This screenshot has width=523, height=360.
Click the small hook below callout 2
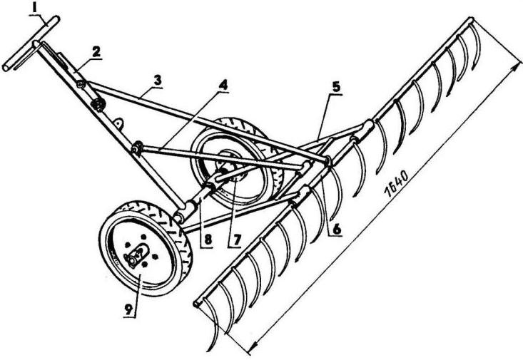coord(119,122)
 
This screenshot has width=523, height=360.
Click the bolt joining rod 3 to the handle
coord(83,84)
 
